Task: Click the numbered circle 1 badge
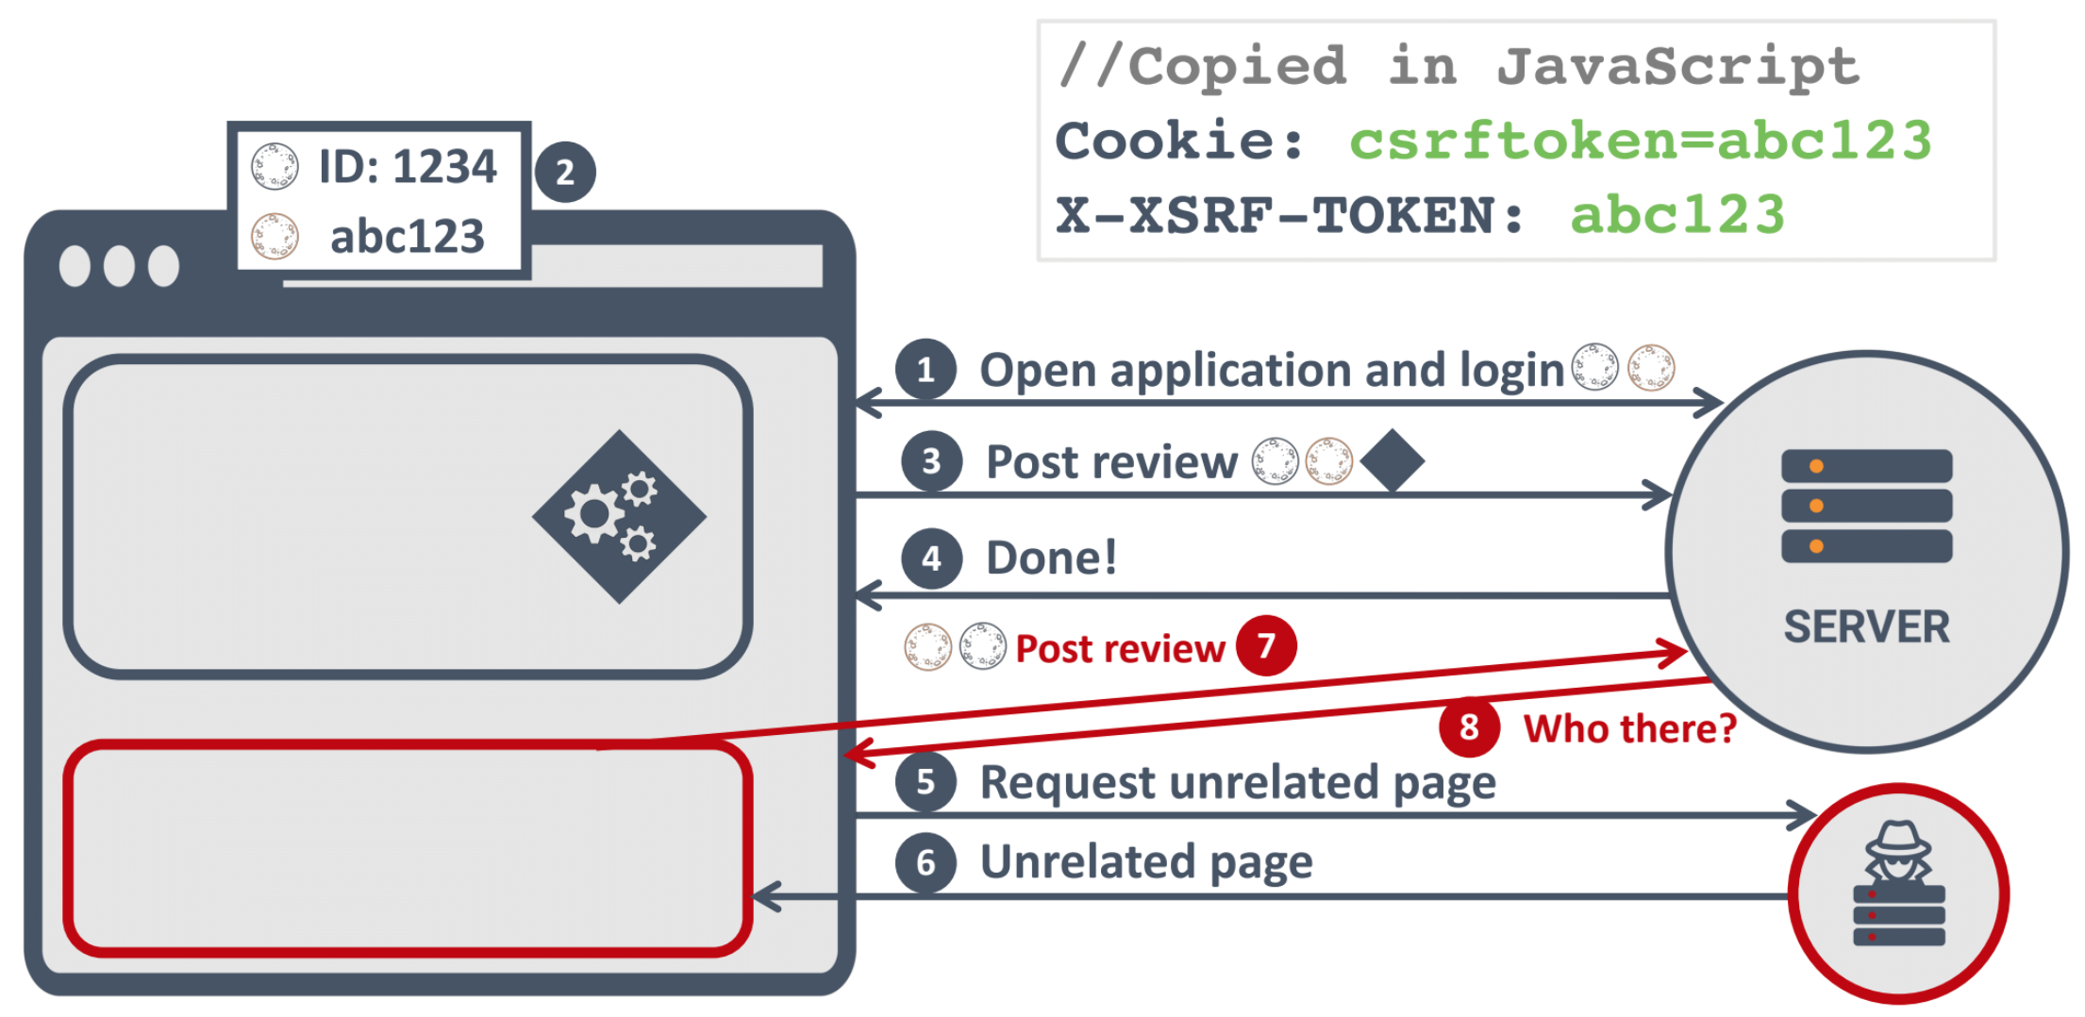click(926, 369)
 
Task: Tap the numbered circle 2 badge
click(565, 172)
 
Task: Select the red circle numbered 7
click(1266, 646)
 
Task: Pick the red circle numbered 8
click(1469, 727)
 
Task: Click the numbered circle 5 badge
click(926, 782)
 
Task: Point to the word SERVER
click(1866, 627)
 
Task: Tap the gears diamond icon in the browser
click(619, 516)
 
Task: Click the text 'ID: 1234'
click(408, 167)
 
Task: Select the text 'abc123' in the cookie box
click(408, 236)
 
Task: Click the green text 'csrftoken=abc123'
click(1640, 141)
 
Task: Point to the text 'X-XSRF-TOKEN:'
click(1289, 215)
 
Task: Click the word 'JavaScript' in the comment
click(1677, 66)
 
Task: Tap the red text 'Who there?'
click(1629, 728)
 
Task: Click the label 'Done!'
click(1051, 558)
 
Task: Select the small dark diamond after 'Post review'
click(1393, 460)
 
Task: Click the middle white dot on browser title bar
click(119, 266)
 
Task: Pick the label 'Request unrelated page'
click(1238, 782)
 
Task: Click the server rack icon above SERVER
click(1866, 506)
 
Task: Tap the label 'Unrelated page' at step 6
click(1146, 861)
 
